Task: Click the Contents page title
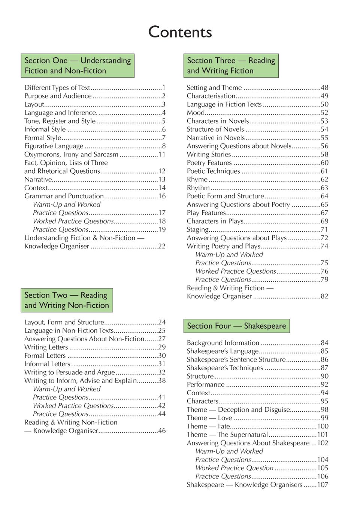180,32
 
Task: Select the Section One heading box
78,65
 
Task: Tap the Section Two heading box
67,300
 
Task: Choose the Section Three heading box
231,65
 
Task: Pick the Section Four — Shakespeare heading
236,326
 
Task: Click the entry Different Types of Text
57,88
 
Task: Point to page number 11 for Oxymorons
162,154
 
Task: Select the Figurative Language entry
54,146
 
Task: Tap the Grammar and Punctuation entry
64,196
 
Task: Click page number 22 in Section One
162,246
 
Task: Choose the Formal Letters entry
45,356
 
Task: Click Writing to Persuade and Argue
70,372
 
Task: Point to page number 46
162,431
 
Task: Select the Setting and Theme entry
214,88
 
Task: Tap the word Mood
196,113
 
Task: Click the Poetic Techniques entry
214,171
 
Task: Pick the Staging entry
198,229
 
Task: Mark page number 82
324,296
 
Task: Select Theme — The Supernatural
227,435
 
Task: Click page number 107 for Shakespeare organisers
323,485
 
